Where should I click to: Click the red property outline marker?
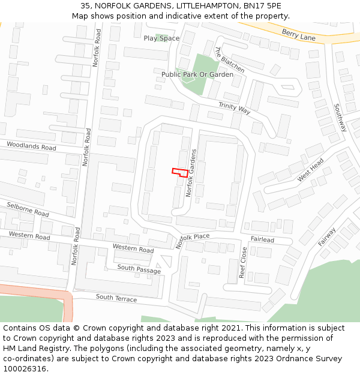(x=179, y=172)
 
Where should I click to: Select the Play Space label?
(x=161, y=38)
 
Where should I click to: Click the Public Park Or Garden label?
(x=197, y=74)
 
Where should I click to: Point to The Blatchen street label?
(x=229, y=60)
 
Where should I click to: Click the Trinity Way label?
(x=234, y=108)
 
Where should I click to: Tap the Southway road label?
(x=340, y=118)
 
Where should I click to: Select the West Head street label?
(x=310, y=170)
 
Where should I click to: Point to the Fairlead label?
(x=262, y=239)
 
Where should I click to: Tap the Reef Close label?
(x=243, y=262)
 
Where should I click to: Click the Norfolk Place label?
(x=193, y=241)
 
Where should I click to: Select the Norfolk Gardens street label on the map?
(x=191, y=173)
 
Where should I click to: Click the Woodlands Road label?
(x=31, y=146)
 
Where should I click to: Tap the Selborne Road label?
(x=28, y=209)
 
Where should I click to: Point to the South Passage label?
(x=139, y=269)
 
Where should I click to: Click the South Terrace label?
(x=116, y=298)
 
